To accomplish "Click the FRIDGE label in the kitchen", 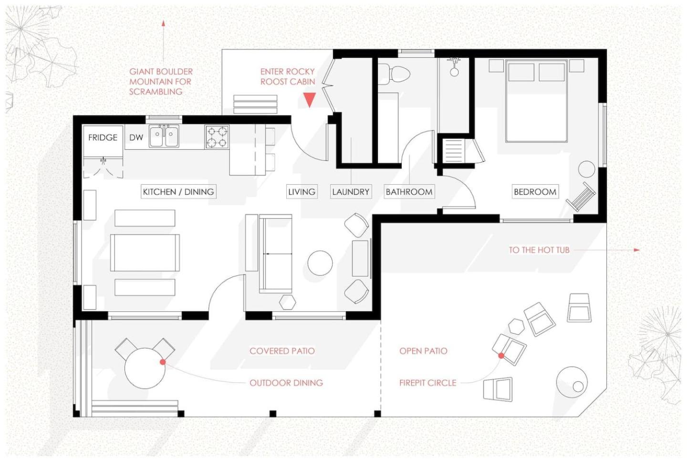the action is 103,137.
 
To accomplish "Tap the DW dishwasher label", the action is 136,137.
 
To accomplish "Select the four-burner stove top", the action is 217,137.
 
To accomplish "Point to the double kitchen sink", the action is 164,136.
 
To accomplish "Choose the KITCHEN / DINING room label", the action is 178,192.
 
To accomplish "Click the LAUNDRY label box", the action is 351,192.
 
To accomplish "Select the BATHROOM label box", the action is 409,192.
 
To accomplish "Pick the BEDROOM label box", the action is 535,192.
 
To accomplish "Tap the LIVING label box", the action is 302,192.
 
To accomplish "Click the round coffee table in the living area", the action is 320,263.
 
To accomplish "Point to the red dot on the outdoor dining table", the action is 163,362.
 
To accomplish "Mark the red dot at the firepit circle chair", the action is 501,356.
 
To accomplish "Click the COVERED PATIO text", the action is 282,351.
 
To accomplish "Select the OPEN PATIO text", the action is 423,351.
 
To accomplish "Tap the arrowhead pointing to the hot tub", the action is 637,250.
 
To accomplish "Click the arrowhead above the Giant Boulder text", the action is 164,23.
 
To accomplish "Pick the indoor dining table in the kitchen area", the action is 145,253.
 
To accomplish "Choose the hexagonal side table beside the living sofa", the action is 288,302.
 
